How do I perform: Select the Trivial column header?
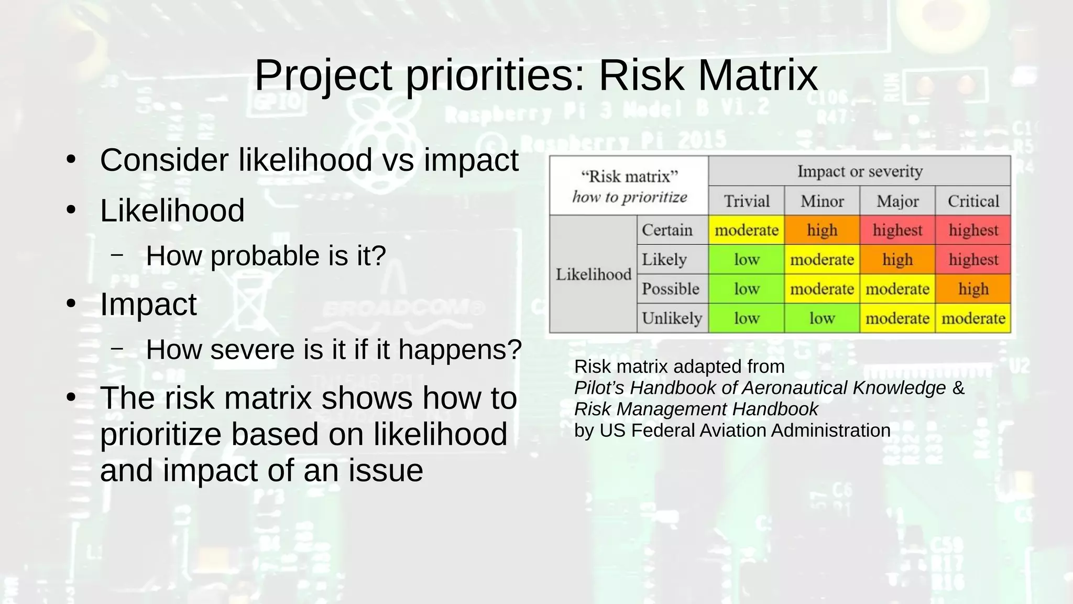click(x=746, y=201)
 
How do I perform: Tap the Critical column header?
click(x=973, y=201)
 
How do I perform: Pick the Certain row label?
click(x=667, y=230)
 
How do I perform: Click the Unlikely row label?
click(x=672, y=318)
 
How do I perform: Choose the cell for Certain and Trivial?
click(x=746, y=230)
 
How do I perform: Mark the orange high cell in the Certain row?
click(x=822, y=230)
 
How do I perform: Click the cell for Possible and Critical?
click(x=973, y=289)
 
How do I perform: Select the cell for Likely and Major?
click(x=897, y=260)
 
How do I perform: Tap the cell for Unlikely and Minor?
click(x=822, y=318)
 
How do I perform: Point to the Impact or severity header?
click(x=859, y=171)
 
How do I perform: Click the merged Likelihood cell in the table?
click(x=593, y=274)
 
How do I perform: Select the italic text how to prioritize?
click(x=629, y=197)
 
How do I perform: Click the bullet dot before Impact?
click(x=71, y=304)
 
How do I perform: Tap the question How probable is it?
click(x=266, y=256)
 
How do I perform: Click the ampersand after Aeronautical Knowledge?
click(x=958, y=388)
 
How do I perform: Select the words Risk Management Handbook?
click(x=696, y=409)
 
